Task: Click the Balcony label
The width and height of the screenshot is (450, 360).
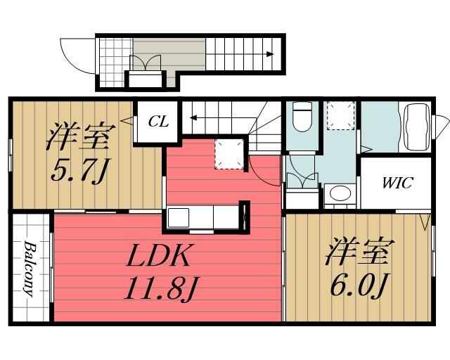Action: [31, 269]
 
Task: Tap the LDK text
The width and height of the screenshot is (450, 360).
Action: [158, 258]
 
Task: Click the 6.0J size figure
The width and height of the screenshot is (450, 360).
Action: [358, 285]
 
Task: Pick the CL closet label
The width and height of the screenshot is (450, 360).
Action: [157, 122]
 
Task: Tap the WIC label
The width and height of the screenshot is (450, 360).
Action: [397, 184]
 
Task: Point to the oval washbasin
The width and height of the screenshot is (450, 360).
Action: [340, 195]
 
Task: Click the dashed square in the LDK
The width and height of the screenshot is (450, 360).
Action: [228, 153]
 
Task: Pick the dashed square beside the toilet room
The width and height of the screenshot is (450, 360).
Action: [340, 115]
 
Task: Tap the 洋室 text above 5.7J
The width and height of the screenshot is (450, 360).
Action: [77, 136]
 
